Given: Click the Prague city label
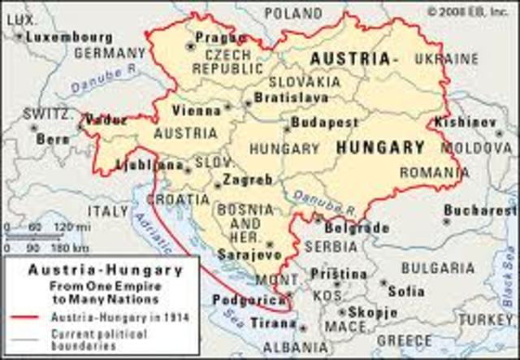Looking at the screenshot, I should click(x=221, y=37).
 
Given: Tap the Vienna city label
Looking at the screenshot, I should click(x=196, y=110).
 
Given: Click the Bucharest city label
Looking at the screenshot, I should click(x=481, y=210).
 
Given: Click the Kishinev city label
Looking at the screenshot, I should click(x=475, y=122).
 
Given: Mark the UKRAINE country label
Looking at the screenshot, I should click(x=446, y=59).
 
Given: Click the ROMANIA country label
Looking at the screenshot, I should click(x=434, y=172).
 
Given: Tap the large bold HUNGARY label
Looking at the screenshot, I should click(x=379, y=148).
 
